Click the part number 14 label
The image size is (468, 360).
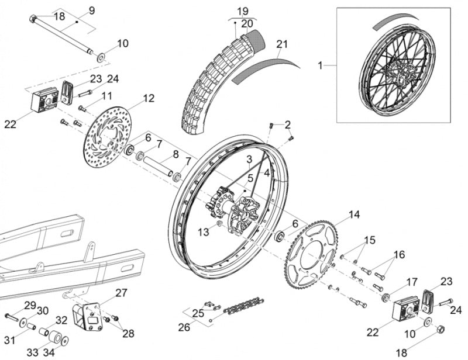(x=354, y=214)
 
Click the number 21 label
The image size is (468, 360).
(x=283, y=44)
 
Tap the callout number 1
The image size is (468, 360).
(x=320, y=65)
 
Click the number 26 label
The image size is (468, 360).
(x=184, y=327)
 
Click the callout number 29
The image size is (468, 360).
(x=30, y=305)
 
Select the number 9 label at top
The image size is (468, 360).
(x=91, y=10)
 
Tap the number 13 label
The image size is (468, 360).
(x=203, y=232)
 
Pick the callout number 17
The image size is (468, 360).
(x=411, y=281)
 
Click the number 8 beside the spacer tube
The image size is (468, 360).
(x=175, y=155)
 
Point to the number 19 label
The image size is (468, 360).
(x=243, y=11)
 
